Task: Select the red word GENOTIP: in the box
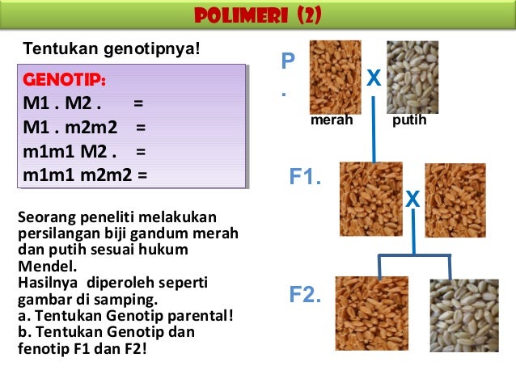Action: pyautogui.click(x=65, y=82)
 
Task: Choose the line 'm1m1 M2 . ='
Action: pyautogui.click(x=85, y=150)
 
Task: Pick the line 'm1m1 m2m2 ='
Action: pyautogui.click(x=86, y=173)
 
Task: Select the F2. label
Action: pyautogui.click(x=306, y=297)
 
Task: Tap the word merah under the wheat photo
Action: pyautogui.click(x=332, y=120)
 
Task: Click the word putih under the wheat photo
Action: pyautogui.click(x=408, y=120)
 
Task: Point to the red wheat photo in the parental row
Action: pyautogui.click(x=335, y=77)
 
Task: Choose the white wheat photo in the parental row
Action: pyautogui.click(x=412, y=77)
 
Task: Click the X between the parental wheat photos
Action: pyautogui.click(x=374, y=78)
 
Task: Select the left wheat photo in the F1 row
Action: pyautogui.click(x=370, y=199)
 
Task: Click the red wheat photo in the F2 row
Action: pyautogui.click(x=371, y=313)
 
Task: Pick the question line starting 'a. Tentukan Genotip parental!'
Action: pyautogui.click(x=125, y=316)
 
